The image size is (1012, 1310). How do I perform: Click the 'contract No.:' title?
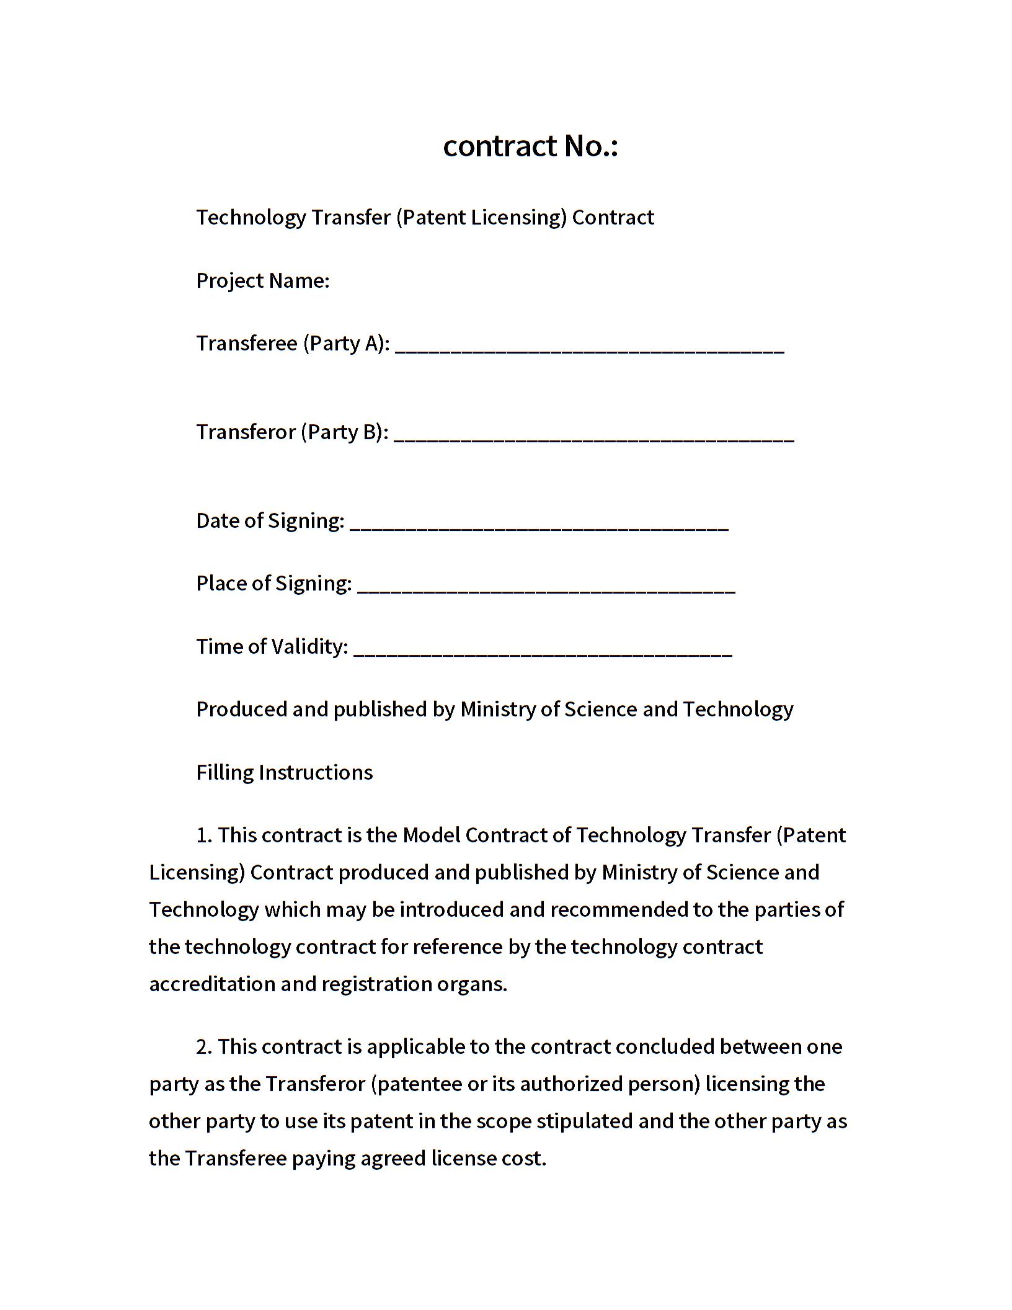(530, 146)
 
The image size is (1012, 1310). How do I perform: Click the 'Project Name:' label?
(262, 281)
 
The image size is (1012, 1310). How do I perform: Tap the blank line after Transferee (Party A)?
(589, 347)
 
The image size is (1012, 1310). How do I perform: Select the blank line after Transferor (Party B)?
(593, 436)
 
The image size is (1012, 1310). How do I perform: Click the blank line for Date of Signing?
(539, 525)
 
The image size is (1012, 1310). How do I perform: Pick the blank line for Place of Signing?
(546, 587)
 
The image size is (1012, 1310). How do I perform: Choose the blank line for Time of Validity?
(543, 651)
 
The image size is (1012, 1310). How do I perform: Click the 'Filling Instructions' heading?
(284, 772)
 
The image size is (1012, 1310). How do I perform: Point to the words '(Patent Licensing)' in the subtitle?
(481, 218)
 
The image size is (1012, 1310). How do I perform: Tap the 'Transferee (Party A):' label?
(293, 344)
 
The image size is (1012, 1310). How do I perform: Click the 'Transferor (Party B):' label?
(292, 432)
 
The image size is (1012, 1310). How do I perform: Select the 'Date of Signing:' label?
(270, 521)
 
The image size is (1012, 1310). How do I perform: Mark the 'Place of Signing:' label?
(273, 584)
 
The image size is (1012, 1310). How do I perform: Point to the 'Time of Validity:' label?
(272, 647)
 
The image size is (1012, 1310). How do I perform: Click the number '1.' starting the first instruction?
(204, 835)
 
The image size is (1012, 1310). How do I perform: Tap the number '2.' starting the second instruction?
(204, 1047)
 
